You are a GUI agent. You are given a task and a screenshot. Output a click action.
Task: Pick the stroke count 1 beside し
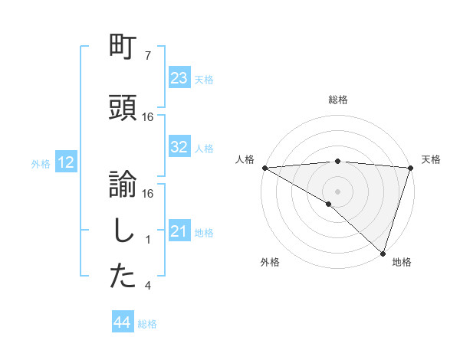148,240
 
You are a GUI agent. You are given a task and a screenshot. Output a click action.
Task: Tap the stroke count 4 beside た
148,286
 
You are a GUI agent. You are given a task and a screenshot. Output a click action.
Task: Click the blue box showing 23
179,78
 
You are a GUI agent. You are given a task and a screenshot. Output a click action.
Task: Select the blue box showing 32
179,147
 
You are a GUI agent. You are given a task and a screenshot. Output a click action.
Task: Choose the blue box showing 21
179,231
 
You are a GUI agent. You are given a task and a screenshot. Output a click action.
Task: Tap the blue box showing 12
65,162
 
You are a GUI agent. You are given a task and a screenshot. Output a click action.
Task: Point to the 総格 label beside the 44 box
147,324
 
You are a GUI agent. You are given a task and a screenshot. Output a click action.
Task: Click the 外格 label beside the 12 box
41,163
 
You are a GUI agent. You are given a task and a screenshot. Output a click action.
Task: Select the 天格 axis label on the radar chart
431,159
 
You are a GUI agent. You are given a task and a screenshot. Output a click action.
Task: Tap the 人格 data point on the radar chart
264,168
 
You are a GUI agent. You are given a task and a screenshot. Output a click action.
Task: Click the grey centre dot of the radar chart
337,190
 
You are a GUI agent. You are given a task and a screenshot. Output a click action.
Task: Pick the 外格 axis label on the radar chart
270,262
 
